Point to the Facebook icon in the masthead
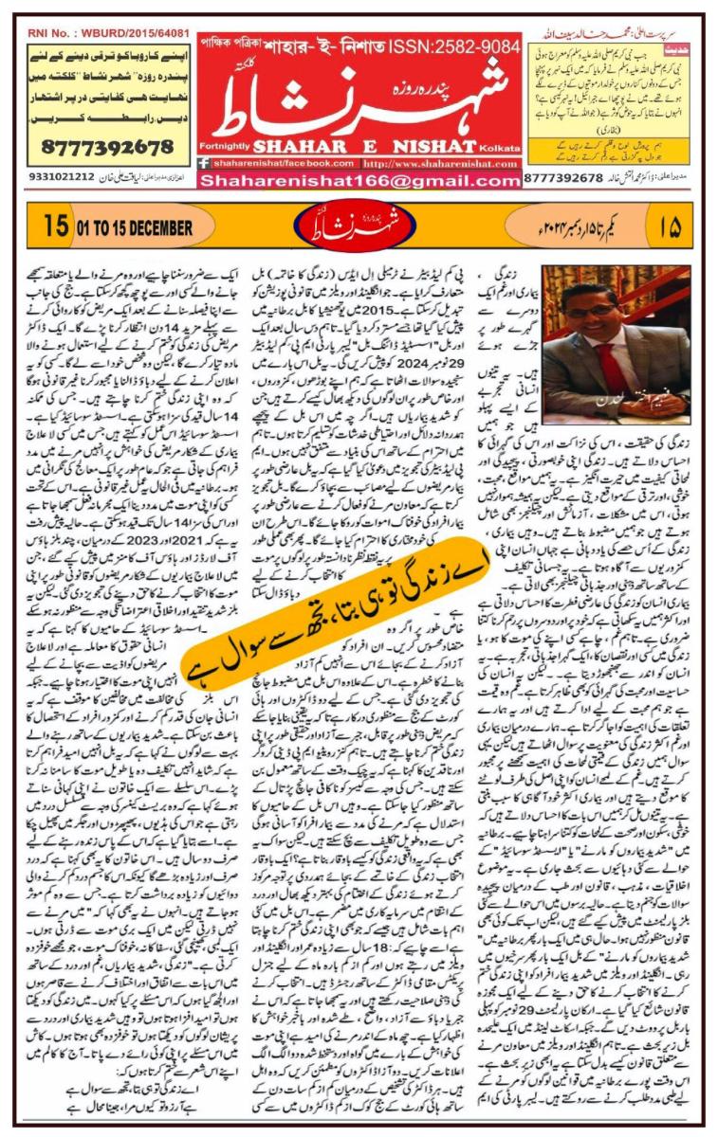click(204, 162)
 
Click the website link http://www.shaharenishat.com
click(437, 162)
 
